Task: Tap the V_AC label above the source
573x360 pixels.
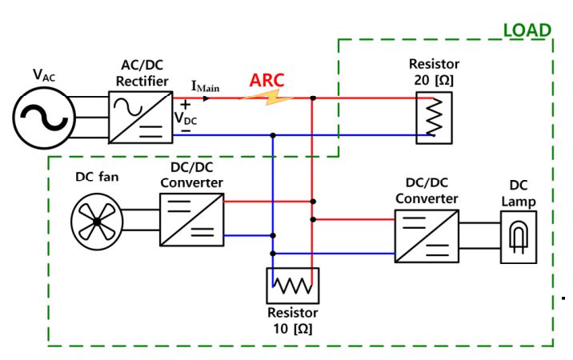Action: pos(45,75)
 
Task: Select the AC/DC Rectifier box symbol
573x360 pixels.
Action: pos(142,117)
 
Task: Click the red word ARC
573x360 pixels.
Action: pos(266,81)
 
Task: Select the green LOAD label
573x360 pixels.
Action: pos(527,30)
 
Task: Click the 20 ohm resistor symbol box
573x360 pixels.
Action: pos(434,117)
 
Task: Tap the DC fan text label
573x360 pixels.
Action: pos(97,176)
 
